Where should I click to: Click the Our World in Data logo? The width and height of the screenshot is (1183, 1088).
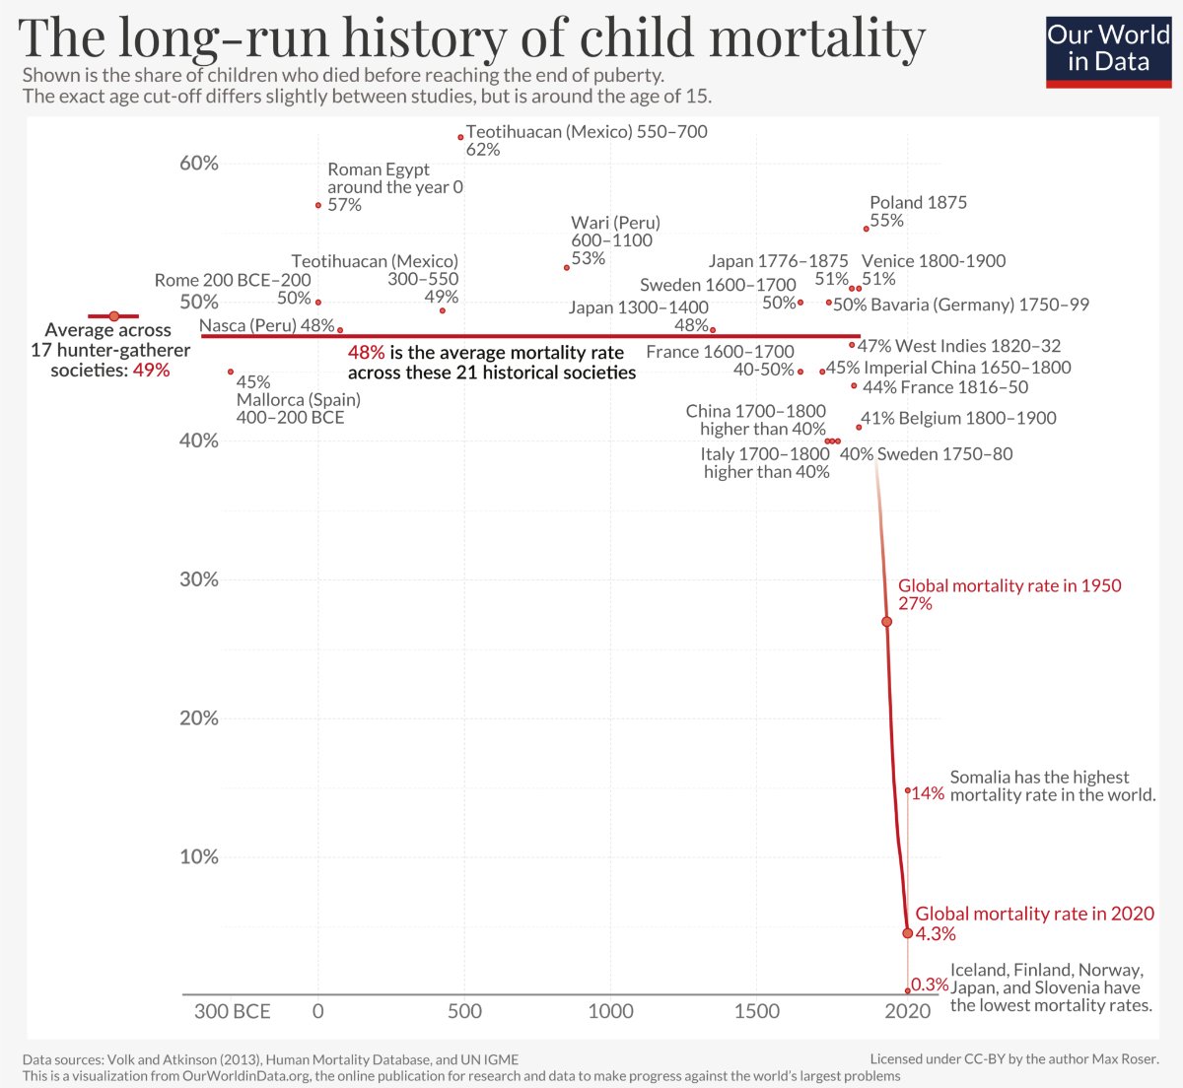coord(1108,49)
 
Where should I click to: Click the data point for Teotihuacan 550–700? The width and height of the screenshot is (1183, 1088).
coord(460,137)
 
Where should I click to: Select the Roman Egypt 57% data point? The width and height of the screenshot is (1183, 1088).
coord(317,205)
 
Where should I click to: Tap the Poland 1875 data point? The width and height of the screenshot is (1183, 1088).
coord(866,229)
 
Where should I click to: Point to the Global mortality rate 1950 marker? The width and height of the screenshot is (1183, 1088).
coord(886,622)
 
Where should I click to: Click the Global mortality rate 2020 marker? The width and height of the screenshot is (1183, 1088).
coord(907,932)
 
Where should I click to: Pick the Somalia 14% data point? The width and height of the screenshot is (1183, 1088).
coord(907,790)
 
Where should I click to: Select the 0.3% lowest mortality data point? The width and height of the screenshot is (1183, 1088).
coord(907,990)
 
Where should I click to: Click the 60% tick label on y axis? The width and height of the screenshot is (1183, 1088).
coord(198,164)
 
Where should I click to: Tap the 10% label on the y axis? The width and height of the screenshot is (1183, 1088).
coord(198,856)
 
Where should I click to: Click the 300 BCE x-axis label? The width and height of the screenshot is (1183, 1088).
coord(232,1011)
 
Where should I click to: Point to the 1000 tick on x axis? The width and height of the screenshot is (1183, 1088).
coord(610,1011)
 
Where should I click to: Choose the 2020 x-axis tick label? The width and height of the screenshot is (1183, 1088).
coord(907,1011)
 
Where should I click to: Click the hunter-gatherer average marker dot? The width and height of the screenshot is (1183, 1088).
coord(113,316)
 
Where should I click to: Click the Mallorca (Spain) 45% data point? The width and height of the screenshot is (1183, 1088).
coord(231,372)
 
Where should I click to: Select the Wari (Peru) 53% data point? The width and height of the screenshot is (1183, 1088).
coord(566,267)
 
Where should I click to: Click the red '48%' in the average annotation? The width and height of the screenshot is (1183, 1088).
coord(366,353)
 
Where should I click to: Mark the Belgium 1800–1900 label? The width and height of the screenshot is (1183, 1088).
coord(958,418)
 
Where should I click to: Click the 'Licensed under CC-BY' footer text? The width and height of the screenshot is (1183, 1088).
coord(1014,1059)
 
